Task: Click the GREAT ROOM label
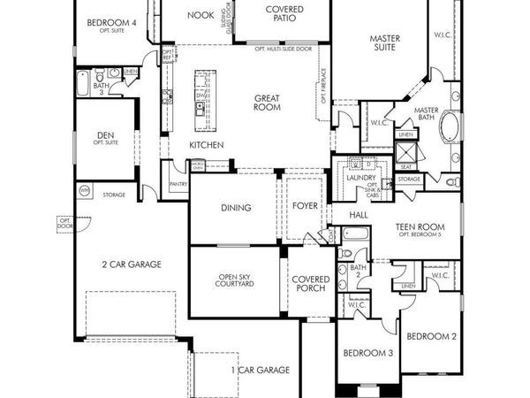click(268, 103)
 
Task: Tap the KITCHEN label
click(206, 145)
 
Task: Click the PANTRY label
click(178, 184)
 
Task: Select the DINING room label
click(234, 208)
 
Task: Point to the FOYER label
click(306, 208)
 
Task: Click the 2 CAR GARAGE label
click(132, 264)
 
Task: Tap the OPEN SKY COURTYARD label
click(236, 281)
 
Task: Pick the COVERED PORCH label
click(310, 284)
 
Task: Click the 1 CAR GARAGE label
click(261, 370)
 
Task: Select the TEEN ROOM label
click(420, 227)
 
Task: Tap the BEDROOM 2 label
click(431, 336)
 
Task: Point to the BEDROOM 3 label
click(368, 353)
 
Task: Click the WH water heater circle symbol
click(85, 190)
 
